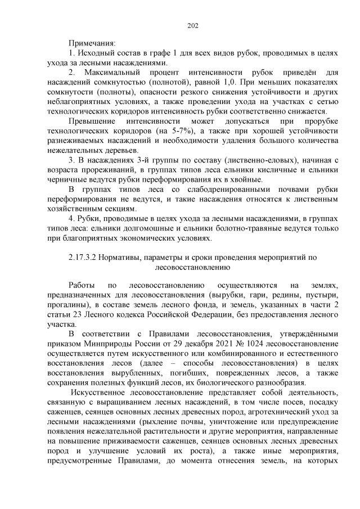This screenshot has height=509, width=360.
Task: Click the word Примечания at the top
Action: pyautogui.click(x=92, y=43)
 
